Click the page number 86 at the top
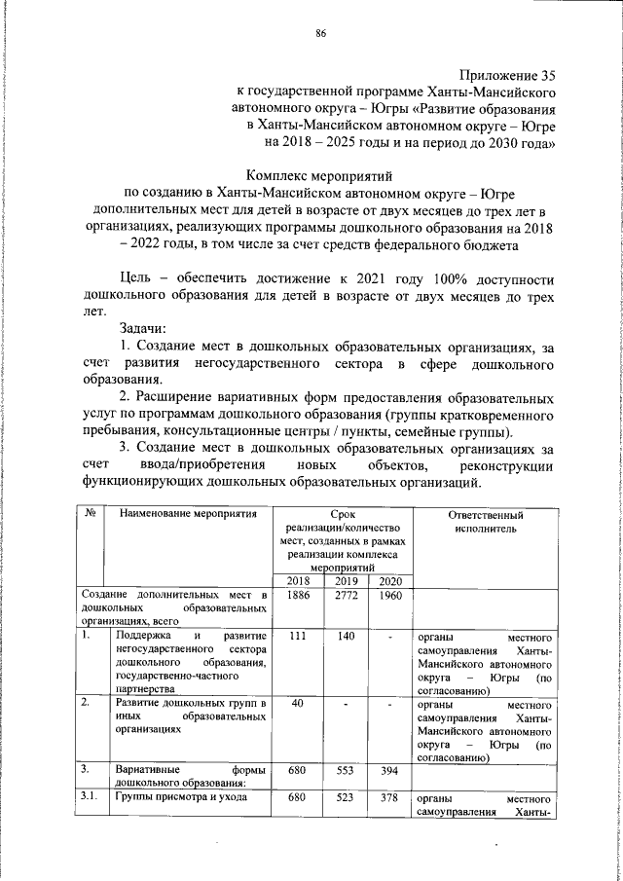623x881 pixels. click(320, 35)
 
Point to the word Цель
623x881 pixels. click(138, 278)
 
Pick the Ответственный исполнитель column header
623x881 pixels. click(486, 522)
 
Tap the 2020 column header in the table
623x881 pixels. click(389, 581)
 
